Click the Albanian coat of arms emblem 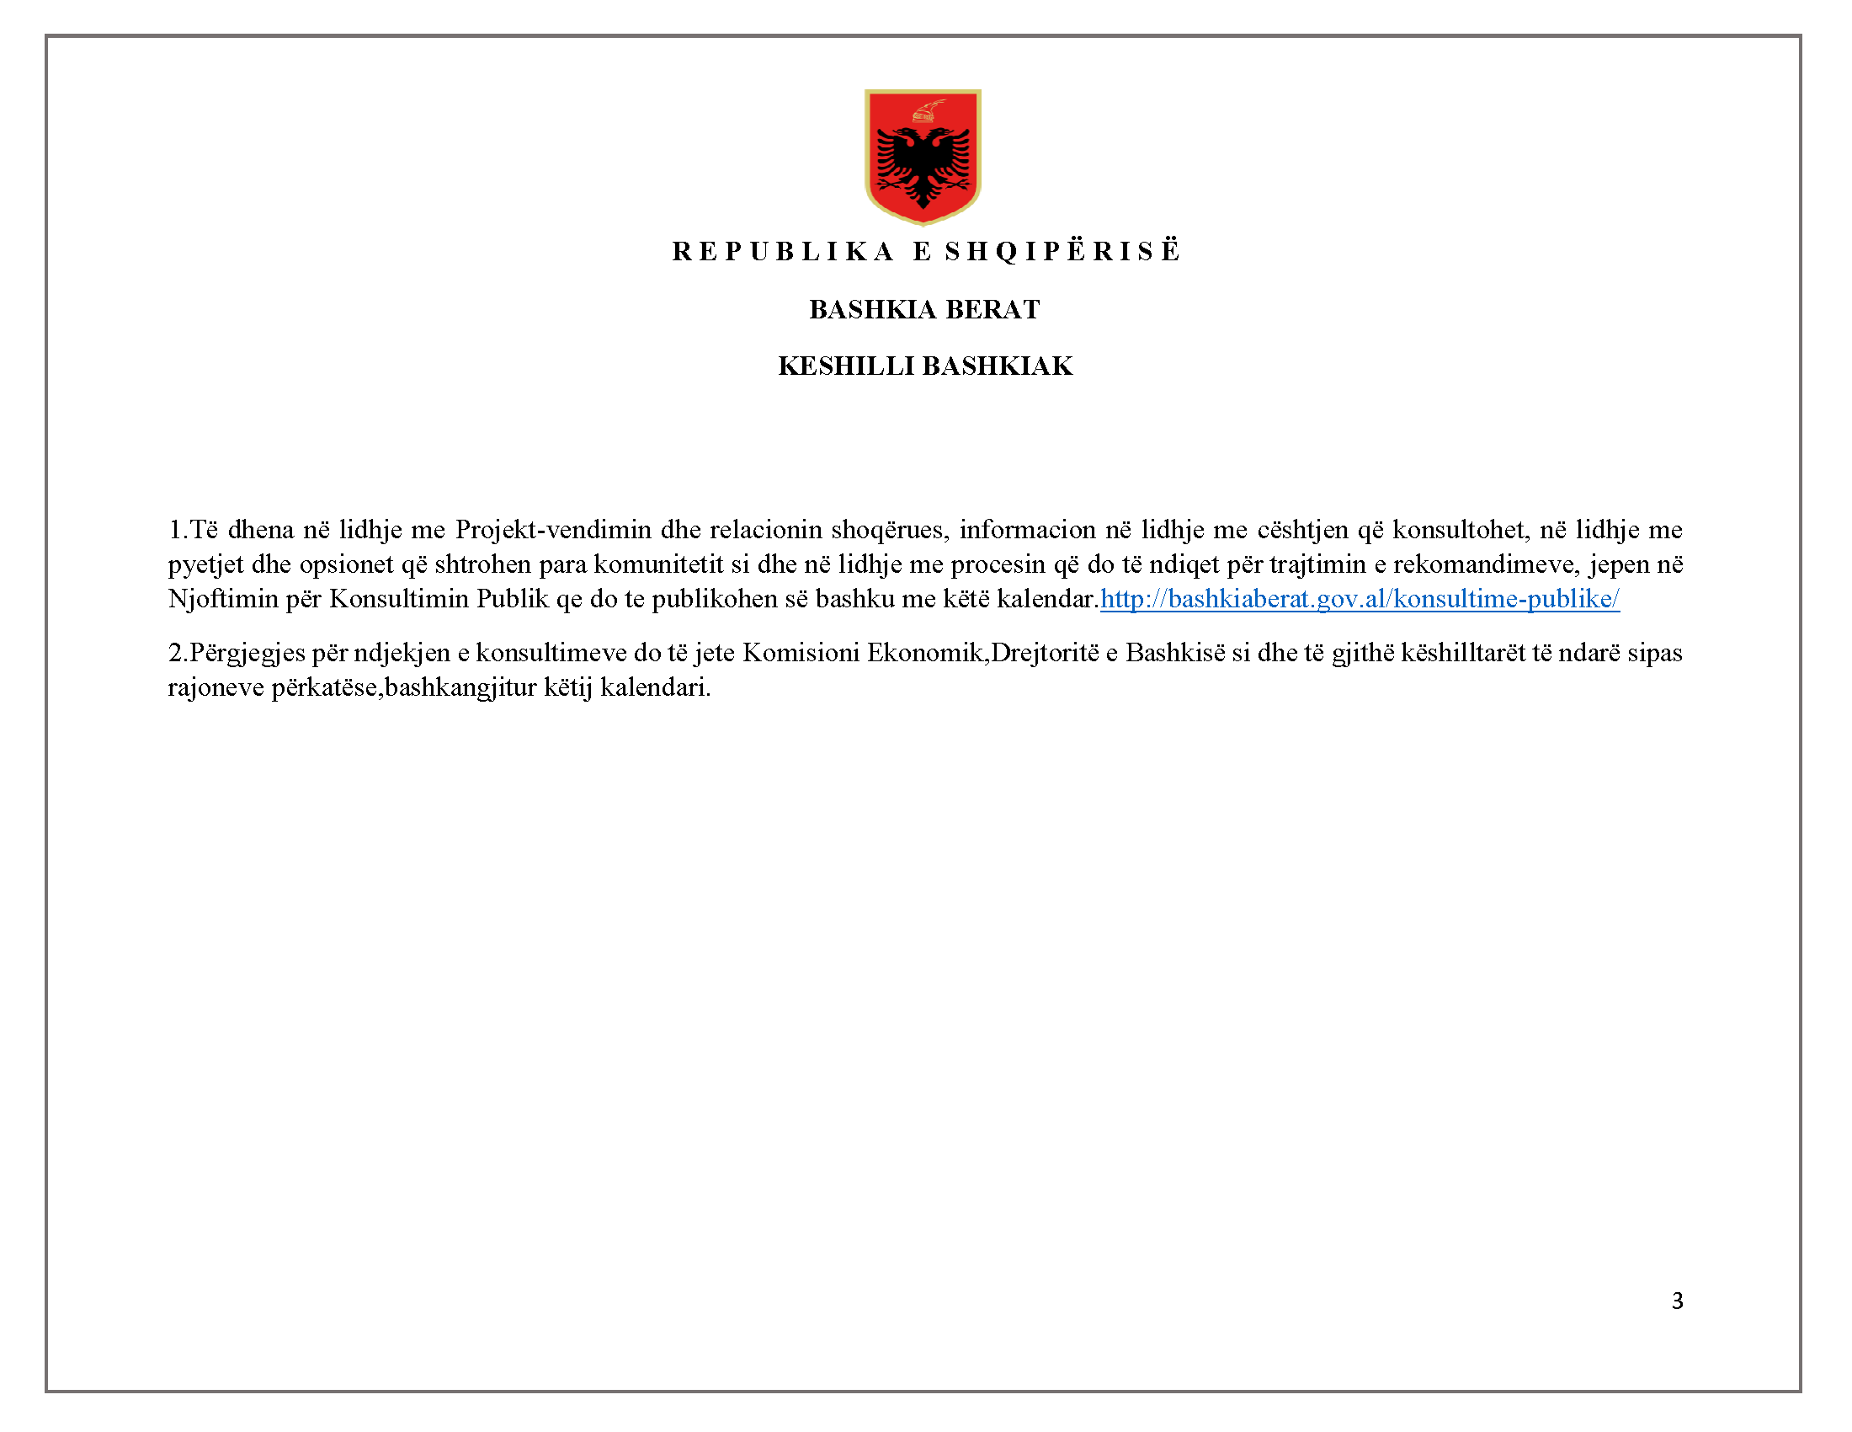(x=923, y=157)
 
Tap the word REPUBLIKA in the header (x=783, y=252)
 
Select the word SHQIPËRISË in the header (x=1062, y=252)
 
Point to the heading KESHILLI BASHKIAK (x=925, y=366)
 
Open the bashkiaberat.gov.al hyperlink (x=1360, y=599)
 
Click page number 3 (x=1676, y=1301)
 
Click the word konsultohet (x=1458, y=530)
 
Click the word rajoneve (x=216, y=688)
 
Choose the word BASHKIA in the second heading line (x=873, y=310)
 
